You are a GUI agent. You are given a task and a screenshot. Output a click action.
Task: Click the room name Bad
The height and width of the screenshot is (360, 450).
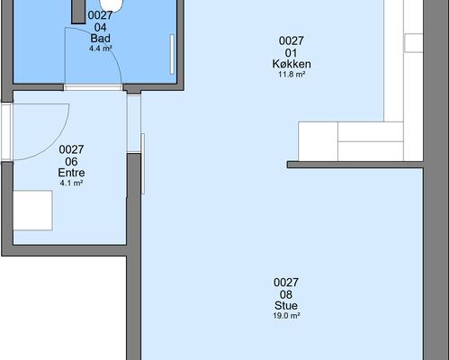[100, 39]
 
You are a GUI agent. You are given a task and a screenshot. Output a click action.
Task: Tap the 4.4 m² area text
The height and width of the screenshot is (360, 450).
[101, 49]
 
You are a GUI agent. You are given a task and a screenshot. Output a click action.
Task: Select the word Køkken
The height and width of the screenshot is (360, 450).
[292, 64]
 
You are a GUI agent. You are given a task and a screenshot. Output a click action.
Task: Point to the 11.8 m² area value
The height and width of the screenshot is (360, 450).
[292, 74]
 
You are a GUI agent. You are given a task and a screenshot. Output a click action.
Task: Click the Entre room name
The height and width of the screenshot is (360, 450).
[71, 173]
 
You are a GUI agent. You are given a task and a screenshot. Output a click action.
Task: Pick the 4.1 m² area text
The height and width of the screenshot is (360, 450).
[71, 183]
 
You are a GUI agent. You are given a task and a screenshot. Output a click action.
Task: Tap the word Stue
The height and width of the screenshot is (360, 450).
[286, 306]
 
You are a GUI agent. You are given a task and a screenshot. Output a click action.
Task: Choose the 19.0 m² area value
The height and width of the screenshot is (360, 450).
[286, 316]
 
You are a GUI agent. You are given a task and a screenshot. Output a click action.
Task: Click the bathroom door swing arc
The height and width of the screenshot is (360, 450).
[113, 51]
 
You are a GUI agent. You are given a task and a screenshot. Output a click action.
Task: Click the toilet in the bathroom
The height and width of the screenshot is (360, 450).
[112, 5]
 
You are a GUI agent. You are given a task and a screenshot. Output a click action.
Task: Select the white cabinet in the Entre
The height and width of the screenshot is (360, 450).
[32, 210]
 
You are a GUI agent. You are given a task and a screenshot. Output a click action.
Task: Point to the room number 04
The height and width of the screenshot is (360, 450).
[100, 27]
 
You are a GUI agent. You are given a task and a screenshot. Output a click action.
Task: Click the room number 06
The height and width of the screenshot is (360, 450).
[71, 162]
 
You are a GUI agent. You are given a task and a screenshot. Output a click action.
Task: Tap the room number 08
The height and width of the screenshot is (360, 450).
[286, 294]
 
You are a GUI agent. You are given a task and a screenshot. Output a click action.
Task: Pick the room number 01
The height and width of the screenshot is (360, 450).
[292, 53]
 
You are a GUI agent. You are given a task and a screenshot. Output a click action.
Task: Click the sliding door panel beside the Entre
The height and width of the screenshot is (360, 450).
[143, 164]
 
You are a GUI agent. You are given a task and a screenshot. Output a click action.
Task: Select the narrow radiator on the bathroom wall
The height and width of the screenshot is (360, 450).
[172, 54]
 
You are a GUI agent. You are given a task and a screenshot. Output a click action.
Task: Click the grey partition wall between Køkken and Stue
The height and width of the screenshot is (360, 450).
[355, 165]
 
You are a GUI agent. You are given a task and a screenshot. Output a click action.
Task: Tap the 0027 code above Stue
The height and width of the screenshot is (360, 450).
[286, 283]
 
